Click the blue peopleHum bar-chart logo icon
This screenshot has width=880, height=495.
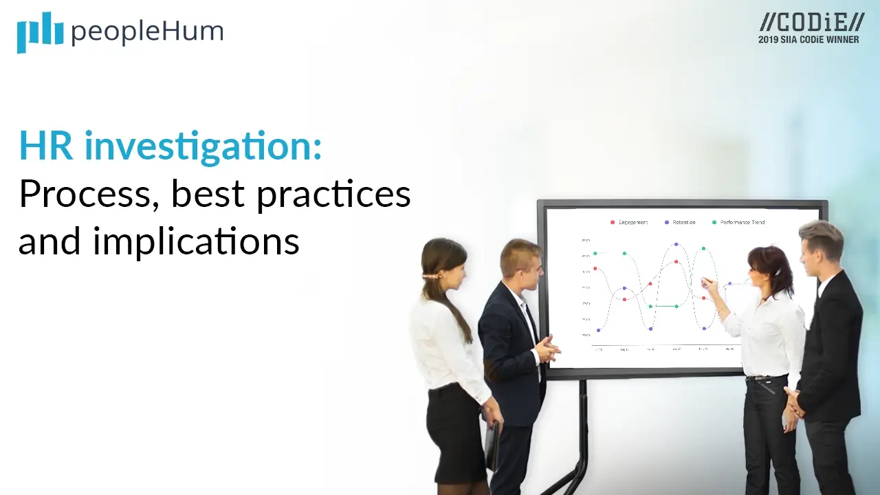click(x=40, y=32)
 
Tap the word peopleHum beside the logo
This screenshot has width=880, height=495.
click(x=147, y=32)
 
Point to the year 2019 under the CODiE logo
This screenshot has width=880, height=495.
click(x=768, y=40)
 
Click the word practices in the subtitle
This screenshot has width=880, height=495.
click(x=333, y=195)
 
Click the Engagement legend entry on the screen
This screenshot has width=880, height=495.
click(x=629, y=222)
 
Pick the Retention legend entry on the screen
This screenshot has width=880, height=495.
click(x=680, y=222)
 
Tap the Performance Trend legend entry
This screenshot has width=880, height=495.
click(x=738, y=222)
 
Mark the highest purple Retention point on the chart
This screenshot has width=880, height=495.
click(x=676, y=244)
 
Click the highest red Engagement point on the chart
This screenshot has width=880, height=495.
click(x=676, y=261)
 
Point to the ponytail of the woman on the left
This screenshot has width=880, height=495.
click(x=454, y=302)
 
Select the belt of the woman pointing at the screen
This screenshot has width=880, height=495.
click(x=764, y=378)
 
